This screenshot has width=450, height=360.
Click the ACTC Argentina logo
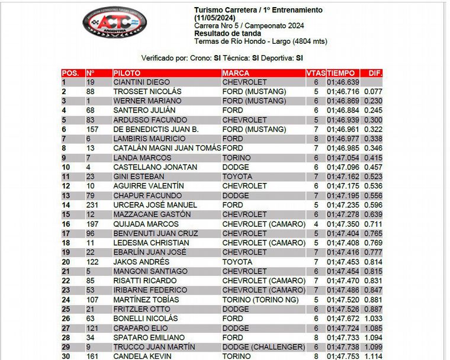point(115,24)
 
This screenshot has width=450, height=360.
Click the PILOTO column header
point(127,73)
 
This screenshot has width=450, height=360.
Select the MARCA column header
point(236,73)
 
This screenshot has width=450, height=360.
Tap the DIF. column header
point(375,73)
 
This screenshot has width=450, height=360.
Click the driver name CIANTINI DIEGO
point(142,82)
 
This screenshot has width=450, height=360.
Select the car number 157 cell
point(92,130)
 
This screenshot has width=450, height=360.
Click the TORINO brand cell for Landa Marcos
point(236,158)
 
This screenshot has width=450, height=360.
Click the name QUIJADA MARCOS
point(146,224)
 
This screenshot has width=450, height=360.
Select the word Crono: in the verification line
point(201,58)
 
